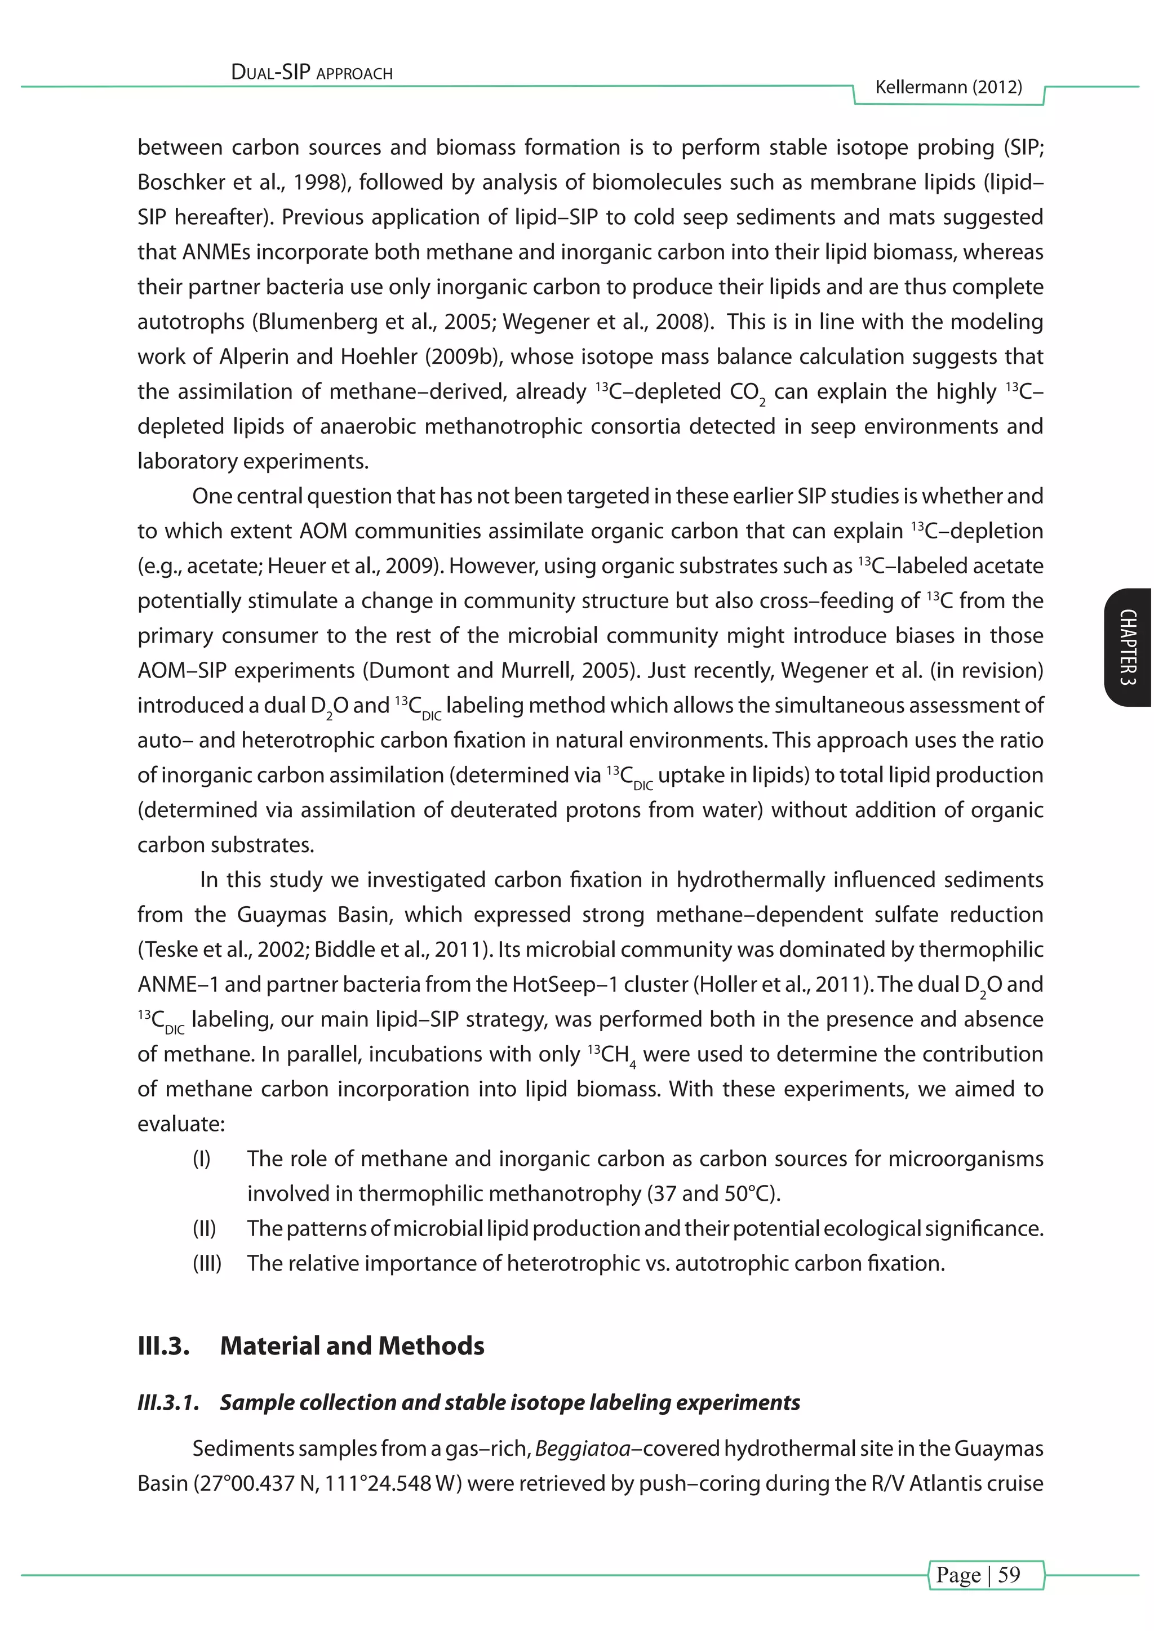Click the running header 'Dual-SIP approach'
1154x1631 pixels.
coord(312,73)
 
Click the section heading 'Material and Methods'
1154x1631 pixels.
coord(352,1346)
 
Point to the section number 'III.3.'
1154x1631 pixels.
coord(163,1346)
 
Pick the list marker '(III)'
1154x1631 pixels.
coord(207,1264)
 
